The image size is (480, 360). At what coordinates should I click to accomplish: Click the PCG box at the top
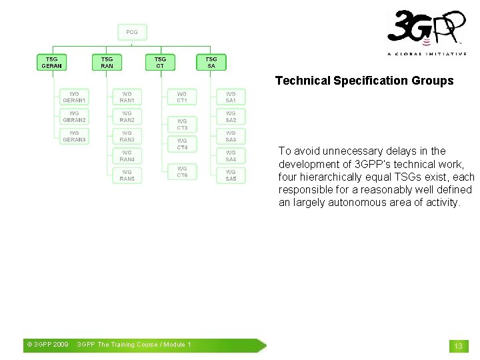[132, 32]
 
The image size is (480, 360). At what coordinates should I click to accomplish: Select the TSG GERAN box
[51, 63]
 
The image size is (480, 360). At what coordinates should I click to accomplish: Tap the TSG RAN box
[107, 63]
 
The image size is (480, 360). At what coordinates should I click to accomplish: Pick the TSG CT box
[160, 63]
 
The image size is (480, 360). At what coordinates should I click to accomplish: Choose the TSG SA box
[211, 63]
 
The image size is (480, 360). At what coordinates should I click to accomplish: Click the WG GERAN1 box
[74, 97]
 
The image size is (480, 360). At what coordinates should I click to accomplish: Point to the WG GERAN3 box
[74, 137]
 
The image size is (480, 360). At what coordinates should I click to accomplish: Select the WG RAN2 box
[127, 117]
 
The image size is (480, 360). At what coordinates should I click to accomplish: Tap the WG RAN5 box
[127, 175]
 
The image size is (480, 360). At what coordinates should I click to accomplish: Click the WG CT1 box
[182, 97]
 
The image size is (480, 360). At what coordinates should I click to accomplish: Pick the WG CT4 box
[182, 144]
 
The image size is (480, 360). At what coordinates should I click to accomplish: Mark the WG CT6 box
[182, 172]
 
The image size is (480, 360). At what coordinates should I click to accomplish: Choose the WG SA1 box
[231, 97]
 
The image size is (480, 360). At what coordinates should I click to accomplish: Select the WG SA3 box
[231, 137]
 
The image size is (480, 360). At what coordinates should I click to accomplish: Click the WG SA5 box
[231, 175]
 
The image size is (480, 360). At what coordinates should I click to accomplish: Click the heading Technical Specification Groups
[364, 81]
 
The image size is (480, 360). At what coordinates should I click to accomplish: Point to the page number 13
[458, 346]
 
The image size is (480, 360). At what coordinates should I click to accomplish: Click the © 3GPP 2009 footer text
[47, 345]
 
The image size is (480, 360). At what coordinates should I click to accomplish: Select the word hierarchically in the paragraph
[333, 177]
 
